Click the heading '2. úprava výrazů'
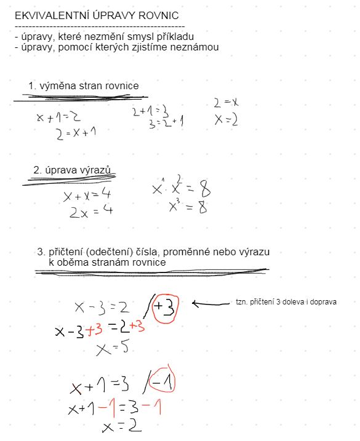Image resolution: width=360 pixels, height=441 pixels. click(x=75, y=170)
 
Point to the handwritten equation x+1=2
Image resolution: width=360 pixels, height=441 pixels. click(x=58, y=117)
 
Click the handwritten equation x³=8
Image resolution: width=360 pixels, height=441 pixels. click(x=188, y=207)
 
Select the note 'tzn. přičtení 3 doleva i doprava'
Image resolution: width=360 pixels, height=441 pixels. click(x=286, y=303)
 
